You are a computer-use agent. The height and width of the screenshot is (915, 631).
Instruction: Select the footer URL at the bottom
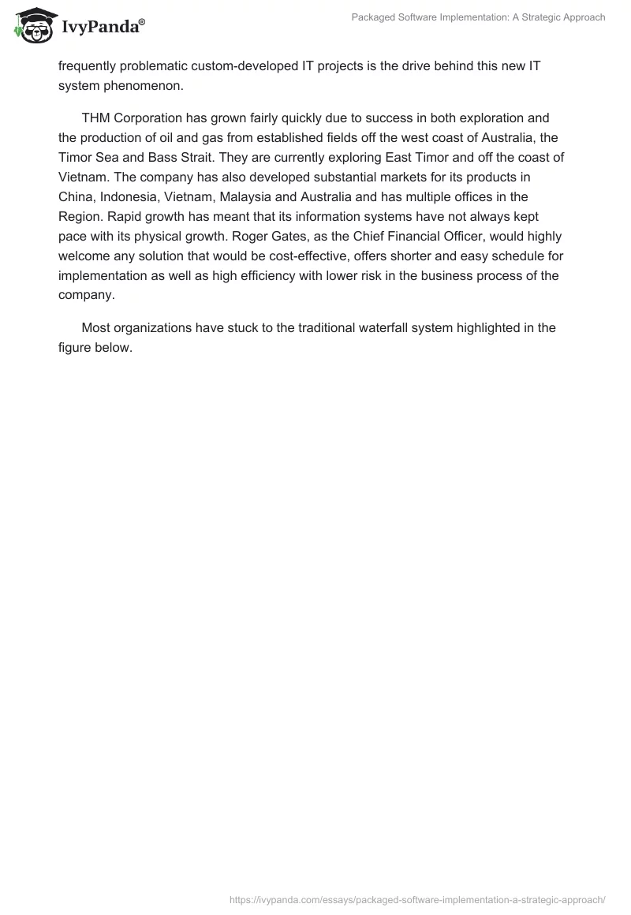pos(417,898)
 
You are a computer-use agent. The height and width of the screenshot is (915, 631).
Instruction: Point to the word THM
pos(96,119)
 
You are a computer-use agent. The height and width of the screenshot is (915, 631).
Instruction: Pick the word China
pos(76,196)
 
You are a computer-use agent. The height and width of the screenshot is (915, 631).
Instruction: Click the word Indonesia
pos(132,196)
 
